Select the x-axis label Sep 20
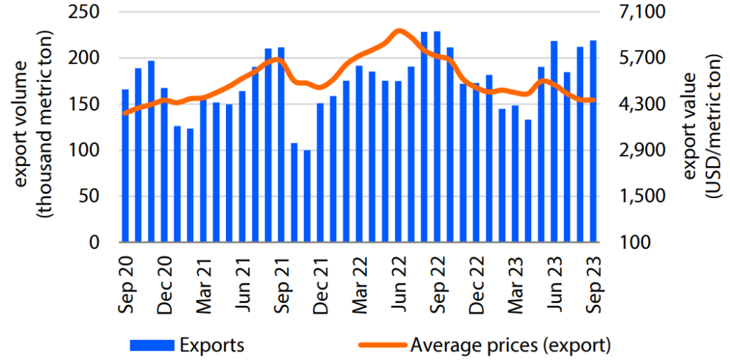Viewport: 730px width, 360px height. pos(125,285)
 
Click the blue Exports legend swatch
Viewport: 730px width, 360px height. pos(152,346)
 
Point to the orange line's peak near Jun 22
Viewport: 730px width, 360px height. pos(399,31)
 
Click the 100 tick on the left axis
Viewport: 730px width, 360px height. pos(88,150)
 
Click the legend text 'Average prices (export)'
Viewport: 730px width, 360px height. pos(510,346)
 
